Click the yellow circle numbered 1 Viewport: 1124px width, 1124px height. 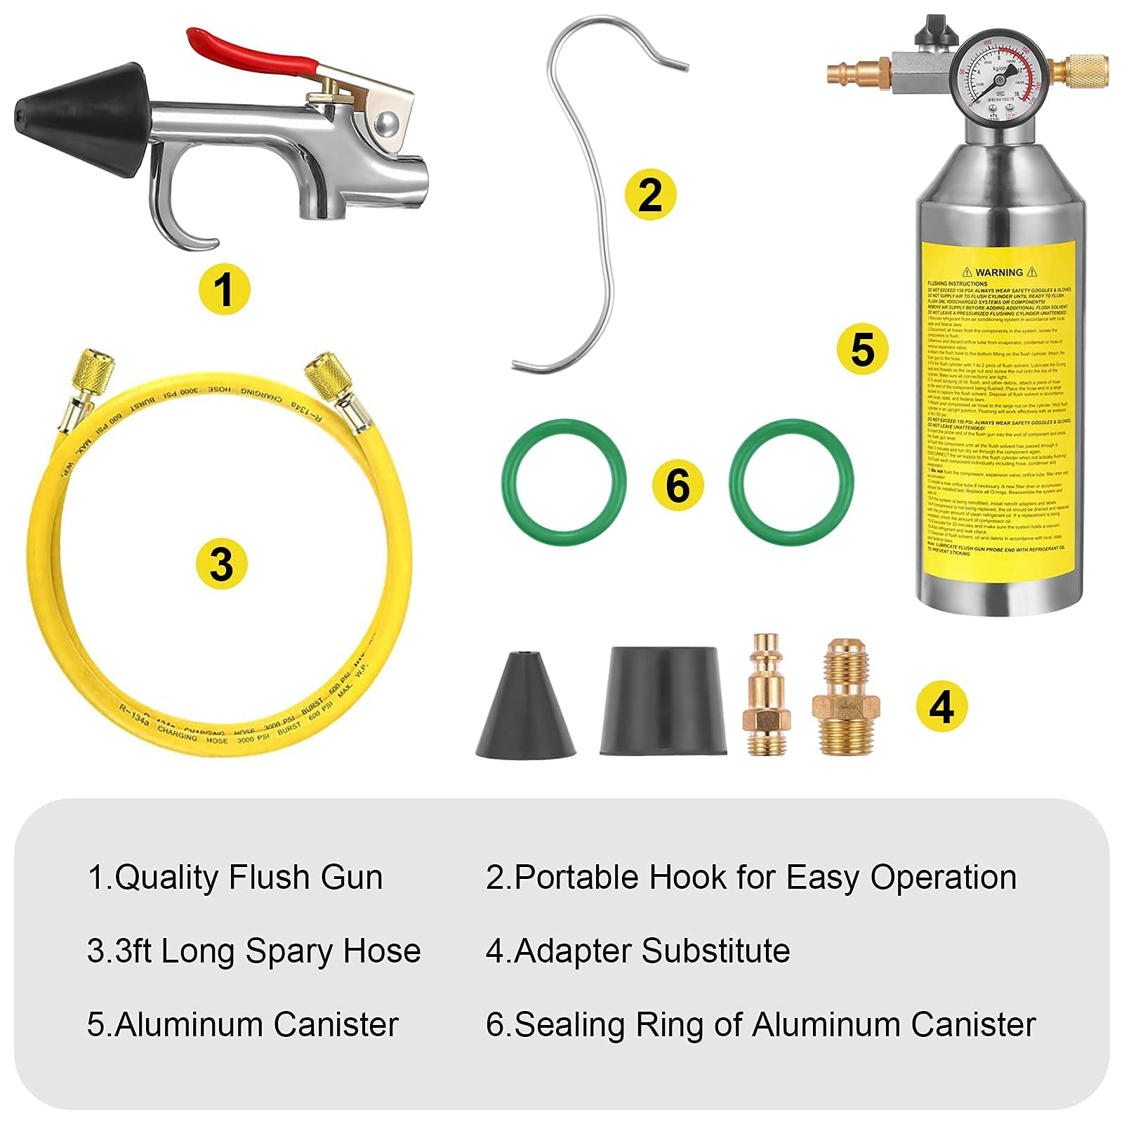pyautogui.click(x=224, y=289)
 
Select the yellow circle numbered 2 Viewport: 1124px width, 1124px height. pyautogui.click(x=650, y=194)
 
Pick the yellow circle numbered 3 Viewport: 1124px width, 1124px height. pyautogui.click(x=221, y=563)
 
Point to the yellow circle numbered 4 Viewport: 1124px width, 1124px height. pyautogui.click(x=941, y=706)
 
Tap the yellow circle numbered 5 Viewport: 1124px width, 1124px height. pyautogui.click(x=862, y=349)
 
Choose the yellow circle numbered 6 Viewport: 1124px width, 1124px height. pyautogui.click(x=677, y=485)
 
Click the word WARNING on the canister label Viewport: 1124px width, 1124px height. pyautogui.click(x=998, y=272)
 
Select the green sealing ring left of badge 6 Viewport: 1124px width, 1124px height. pyautogui.click(x=563, y=482)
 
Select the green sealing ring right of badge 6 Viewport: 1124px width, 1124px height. pyautogui.click(x=791, y=482)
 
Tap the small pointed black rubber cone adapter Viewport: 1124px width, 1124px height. pyautogui.click(x=525, y=709)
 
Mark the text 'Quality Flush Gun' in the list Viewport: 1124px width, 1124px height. pyautogui.click(x=249, y=878)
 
